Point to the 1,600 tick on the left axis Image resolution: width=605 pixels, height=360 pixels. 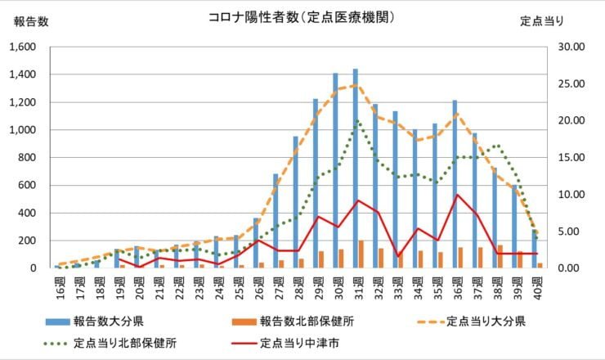point(21,47)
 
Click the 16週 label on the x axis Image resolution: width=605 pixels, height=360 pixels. point(58,286)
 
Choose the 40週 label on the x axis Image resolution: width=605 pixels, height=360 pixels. point(537,286)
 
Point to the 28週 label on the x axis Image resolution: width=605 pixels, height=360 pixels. point(298,286)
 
